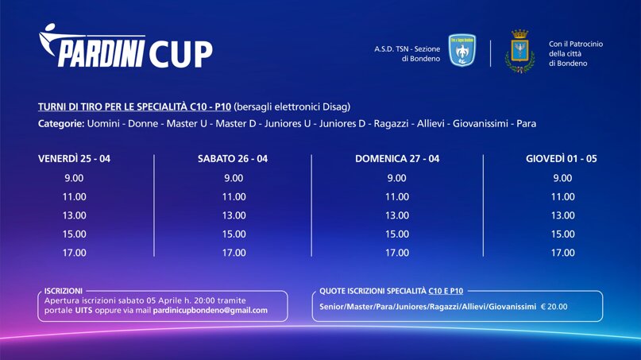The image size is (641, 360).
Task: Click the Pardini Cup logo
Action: [x=125, y=46]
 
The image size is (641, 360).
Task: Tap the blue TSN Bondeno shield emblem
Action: [x=462, y=50]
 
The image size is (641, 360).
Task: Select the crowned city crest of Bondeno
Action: [x=519, y=52]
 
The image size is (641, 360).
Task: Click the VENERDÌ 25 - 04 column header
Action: [x=74, y=159]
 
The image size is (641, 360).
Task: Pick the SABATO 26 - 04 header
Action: [x=233, y=159]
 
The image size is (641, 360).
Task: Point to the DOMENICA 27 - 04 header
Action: [x=397, y=159]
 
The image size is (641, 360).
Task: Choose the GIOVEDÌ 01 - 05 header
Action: [x=562, y=159]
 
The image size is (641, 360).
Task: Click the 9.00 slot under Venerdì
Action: [x=74, y=178]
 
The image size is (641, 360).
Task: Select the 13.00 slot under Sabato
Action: [x=234, y=215]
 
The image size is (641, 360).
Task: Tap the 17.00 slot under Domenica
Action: [x=397, y=253]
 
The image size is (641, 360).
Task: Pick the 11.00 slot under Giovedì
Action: [x=563, y=197]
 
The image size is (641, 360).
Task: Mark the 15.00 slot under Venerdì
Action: [x=75, y=234]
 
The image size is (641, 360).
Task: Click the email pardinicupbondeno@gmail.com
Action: [x=210, y=311]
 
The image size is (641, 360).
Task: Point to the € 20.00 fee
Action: [x=554, y=307]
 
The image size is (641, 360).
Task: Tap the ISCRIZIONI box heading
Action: [x=64, y=291]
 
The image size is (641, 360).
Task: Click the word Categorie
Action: [x=61, y=123]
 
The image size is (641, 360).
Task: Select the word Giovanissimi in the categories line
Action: [x=481, y=123]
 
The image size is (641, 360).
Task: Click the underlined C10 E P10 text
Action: [x=446, y=292]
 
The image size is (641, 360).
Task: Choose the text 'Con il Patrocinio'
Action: [x=576, y=44]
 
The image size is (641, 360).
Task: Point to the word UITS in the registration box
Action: [x=84, y=311]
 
